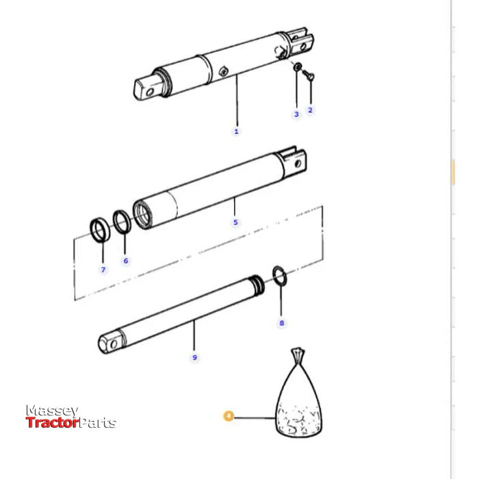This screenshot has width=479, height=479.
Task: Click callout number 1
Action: coord(236,131)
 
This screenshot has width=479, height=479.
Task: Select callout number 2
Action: coord(311,110)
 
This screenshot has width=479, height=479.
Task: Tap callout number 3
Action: coord(296,114)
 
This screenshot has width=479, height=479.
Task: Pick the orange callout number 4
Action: coord(229,416)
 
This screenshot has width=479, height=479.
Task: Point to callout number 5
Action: coord(235,222)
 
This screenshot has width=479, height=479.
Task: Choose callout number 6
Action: coord(126,261)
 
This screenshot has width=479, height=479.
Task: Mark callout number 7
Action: coord(103,270)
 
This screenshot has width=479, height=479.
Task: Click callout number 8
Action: coord(282,323)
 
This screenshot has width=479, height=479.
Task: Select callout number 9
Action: coord(194,357)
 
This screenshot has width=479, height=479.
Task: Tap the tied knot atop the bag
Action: coord(298,354)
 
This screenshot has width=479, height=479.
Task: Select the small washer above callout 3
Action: coord(297,66)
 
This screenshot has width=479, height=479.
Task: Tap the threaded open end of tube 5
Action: coord(142,214)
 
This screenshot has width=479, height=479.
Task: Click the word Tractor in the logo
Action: coord(53,423)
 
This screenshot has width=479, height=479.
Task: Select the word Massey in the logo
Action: coord(52,411)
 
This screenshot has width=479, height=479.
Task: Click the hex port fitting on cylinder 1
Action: coord(224,71)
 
